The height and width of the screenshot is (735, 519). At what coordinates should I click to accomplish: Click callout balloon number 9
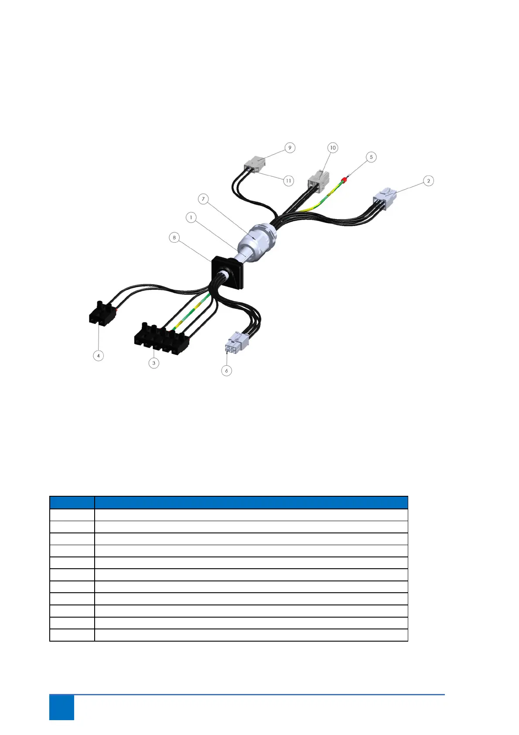[290, 148]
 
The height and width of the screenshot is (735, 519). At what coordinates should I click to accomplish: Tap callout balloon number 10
[333, 148]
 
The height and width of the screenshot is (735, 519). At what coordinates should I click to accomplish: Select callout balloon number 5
[371, 157]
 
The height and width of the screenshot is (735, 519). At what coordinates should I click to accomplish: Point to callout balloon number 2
[428, 181]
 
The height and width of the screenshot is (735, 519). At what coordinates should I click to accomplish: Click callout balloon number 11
[288, 180]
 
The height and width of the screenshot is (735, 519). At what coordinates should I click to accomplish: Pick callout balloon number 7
[203, 199]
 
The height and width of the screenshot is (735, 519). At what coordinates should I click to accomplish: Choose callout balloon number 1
[191, 217]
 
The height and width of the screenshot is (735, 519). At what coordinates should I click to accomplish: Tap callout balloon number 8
[174, 237]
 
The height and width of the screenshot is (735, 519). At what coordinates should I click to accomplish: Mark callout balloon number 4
[99, 356]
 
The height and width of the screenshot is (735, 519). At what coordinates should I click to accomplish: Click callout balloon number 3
[154, 363]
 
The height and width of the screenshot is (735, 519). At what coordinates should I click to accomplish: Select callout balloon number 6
[226, 371]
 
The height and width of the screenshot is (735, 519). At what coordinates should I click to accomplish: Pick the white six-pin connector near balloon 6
[236, 342]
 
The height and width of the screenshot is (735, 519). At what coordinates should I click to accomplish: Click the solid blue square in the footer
[61, 708]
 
